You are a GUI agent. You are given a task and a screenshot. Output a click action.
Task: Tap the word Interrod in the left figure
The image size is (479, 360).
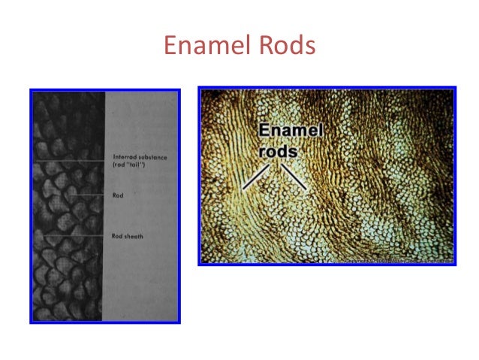pyautogui.click(x=122, y=156)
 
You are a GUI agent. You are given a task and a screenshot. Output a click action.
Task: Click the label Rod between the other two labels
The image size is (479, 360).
pyautogui.click(x=117, y=195)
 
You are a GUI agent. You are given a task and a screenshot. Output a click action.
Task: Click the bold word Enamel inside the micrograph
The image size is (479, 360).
pyautogui.click(x=291, y=132)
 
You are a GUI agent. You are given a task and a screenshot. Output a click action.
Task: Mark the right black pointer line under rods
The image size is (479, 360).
pyautogui.click(x=294, y=177)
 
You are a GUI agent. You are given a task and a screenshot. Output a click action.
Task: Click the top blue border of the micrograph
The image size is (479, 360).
pyautogui.click(x=327, y=88)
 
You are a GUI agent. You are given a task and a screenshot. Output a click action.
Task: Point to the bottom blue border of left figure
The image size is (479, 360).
pyautogui.click(x=105, y=322)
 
